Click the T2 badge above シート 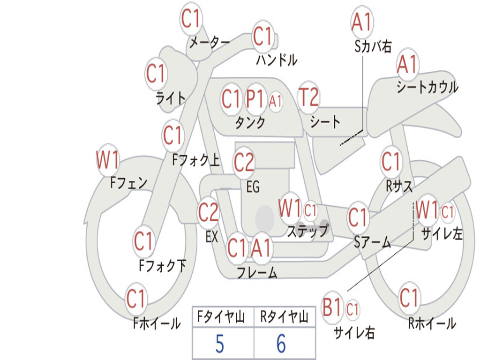308,98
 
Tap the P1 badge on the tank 255,99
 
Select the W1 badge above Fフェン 108,160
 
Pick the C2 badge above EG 244,163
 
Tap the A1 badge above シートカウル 407,65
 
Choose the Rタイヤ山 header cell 284,318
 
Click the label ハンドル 277,60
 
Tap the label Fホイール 157,323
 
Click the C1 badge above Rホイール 409,297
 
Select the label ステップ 307,231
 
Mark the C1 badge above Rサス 391,162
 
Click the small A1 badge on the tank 276,100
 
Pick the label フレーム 257,272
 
